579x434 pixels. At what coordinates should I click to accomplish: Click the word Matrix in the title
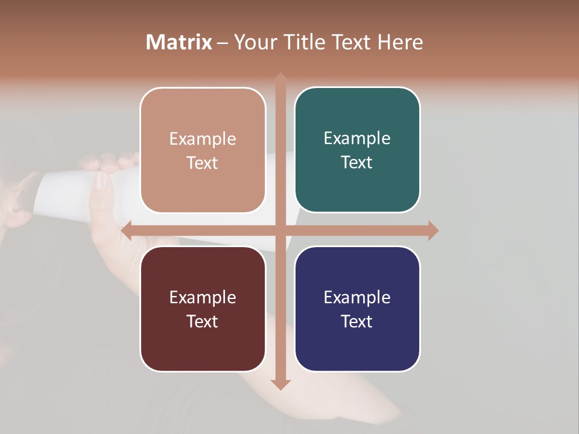pyautogui.click(x=179, y=42)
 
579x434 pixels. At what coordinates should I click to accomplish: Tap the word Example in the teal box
pyautogui.click(x=357, y=138)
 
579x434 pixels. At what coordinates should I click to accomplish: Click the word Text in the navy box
pyautogui.click(x=357, y=321)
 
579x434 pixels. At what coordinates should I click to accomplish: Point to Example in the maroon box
pyautogui.click(x=203, y=297)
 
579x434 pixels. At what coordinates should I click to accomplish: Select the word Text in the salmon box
pyautogui.click(x=203, y=163)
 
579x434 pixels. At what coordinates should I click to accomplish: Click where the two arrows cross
pyautogui.click(x=280, y=230)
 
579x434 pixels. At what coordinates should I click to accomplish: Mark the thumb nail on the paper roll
pyautogui.click(x=100, y=182)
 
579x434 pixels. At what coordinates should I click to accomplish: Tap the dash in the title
pyautogui.click(x=223, y=43)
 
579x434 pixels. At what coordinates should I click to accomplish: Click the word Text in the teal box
pyautogui.click(x=357, y=162)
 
